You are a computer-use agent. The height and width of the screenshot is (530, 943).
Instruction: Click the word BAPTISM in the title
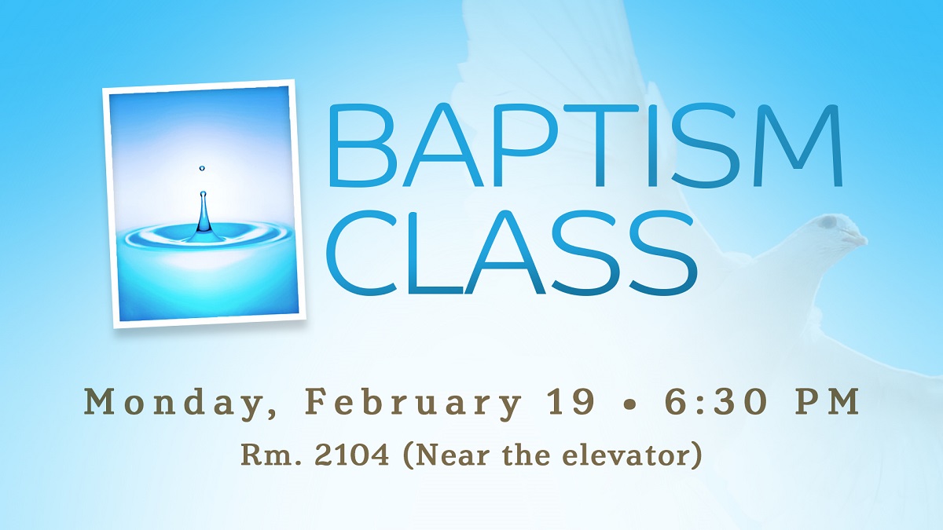point(586,145)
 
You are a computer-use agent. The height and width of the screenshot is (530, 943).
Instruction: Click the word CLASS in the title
point(512,253)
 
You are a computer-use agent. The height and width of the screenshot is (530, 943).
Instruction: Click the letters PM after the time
point(827,402)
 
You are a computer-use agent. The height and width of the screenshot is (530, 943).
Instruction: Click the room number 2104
point(352,455)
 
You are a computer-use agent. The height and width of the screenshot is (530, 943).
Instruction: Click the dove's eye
point(830,221)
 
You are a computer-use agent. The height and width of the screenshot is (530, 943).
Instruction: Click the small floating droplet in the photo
point(202,169)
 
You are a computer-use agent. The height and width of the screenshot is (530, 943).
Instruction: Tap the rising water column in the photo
point(204,214)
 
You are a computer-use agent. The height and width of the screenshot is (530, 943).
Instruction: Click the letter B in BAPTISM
point(361,145)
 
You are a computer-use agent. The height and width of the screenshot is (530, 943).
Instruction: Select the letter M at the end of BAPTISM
point(795,145)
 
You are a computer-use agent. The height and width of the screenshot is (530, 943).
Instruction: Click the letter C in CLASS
point(362,253)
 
